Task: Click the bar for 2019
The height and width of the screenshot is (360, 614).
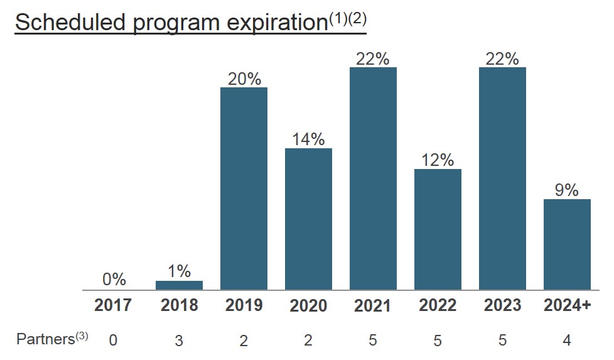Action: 244,188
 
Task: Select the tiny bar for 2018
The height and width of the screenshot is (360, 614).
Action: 179,285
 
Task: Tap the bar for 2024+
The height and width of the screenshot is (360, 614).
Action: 567,244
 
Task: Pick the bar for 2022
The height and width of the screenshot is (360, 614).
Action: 438,229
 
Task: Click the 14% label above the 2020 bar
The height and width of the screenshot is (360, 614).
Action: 308,139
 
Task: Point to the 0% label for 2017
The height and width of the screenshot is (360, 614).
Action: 114,279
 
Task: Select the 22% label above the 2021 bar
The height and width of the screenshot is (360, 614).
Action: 373,58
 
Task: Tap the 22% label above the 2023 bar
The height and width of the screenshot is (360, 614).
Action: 502,58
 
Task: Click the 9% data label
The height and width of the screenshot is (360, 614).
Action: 567,190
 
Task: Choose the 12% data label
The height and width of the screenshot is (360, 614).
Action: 438,160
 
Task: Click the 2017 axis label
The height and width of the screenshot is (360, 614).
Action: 114,305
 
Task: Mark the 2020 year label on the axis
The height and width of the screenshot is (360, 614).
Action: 308,305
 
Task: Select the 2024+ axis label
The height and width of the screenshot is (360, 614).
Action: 567,305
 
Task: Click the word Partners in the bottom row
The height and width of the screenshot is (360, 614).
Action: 45,339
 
